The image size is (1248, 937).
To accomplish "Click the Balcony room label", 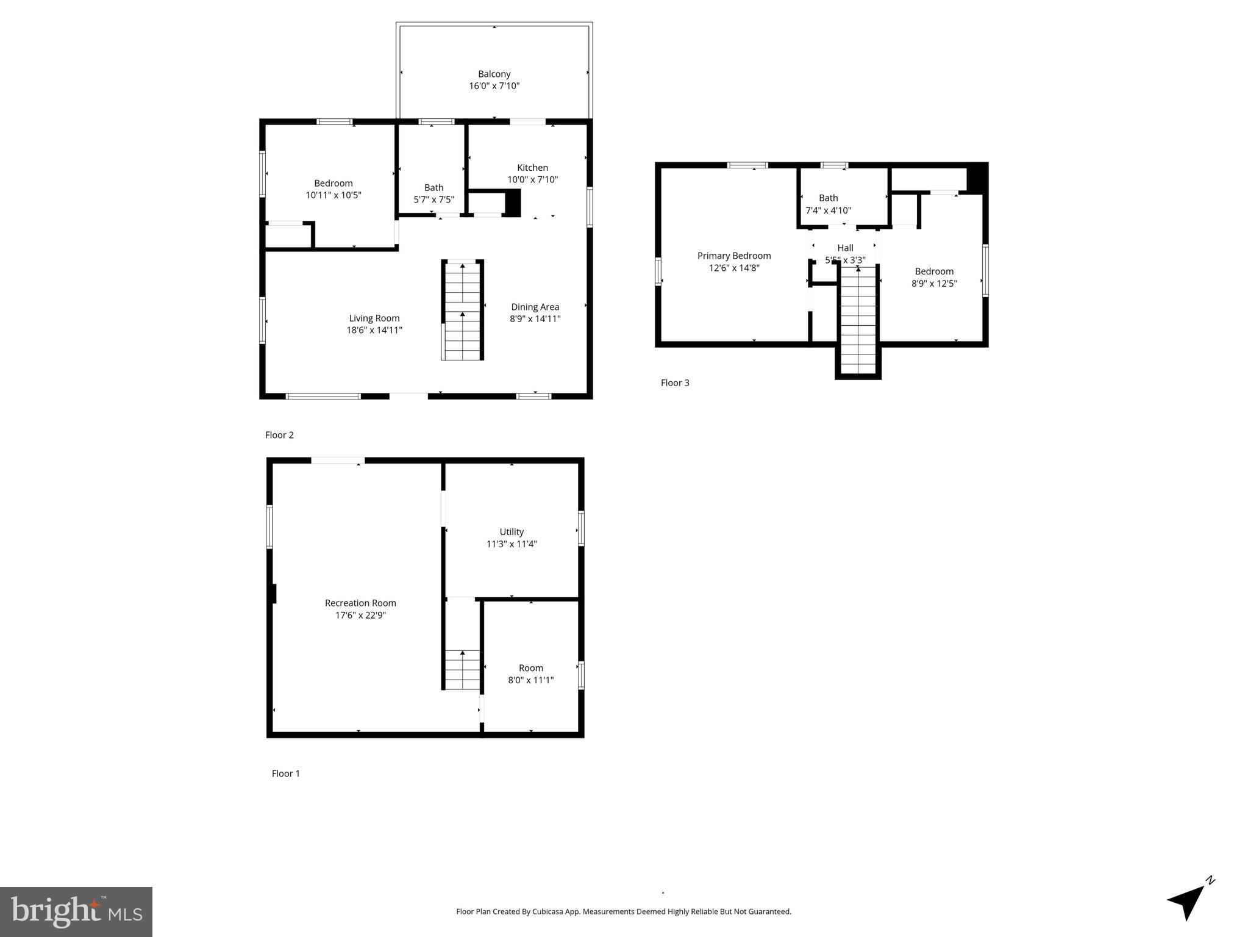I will click(x=494, y=74).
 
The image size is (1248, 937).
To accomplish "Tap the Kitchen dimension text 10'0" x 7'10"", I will click(x=532, y=179).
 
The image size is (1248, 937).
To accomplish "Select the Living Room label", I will click(x=374, y=318).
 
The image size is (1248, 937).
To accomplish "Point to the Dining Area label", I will click(x=535, y=307).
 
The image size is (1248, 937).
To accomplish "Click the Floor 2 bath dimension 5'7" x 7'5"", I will click(x=433, y=199).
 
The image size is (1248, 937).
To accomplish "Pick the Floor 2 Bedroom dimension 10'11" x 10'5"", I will click(x=333, y=195).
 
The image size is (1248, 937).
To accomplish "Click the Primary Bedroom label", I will click(x=734, y=256).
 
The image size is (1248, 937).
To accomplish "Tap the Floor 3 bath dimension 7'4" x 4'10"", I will click(x=828, y=210).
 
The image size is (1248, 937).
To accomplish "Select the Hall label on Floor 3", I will click(x=845, y=248).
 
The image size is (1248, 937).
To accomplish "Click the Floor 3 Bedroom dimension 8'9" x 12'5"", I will click(x=934, y=283).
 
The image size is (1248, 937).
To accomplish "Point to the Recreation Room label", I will click(x=360, y=603).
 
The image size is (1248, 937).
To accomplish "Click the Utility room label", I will click(x=512, y=532).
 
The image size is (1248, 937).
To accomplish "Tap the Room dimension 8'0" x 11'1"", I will click(x=530, y=680).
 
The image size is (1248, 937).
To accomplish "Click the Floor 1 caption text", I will click(x=285, y=774).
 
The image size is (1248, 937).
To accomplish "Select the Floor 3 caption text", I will click(x=675, y=382).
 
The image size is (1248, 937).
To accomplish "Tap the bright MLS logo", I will click(x=76, y=911).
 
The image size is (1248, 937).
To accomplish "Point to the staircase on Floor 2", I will click(x=462, y=311).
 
